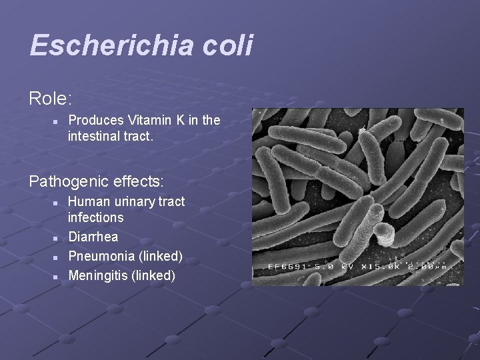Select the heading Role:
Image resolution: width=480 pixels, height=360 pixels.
coord(51,99)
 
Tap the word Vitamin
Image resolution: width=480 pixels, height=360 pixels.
coord(149,120)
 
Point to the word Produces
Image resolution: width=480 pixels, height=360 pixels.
coord(96,120)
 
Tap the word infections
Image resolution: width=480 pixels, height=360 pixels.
coord(96,217)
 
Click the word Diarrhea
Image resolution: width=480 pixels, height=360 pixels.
coord(93,237)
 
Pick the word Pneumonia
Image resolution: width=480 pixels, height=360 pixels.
coord(101,256)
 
